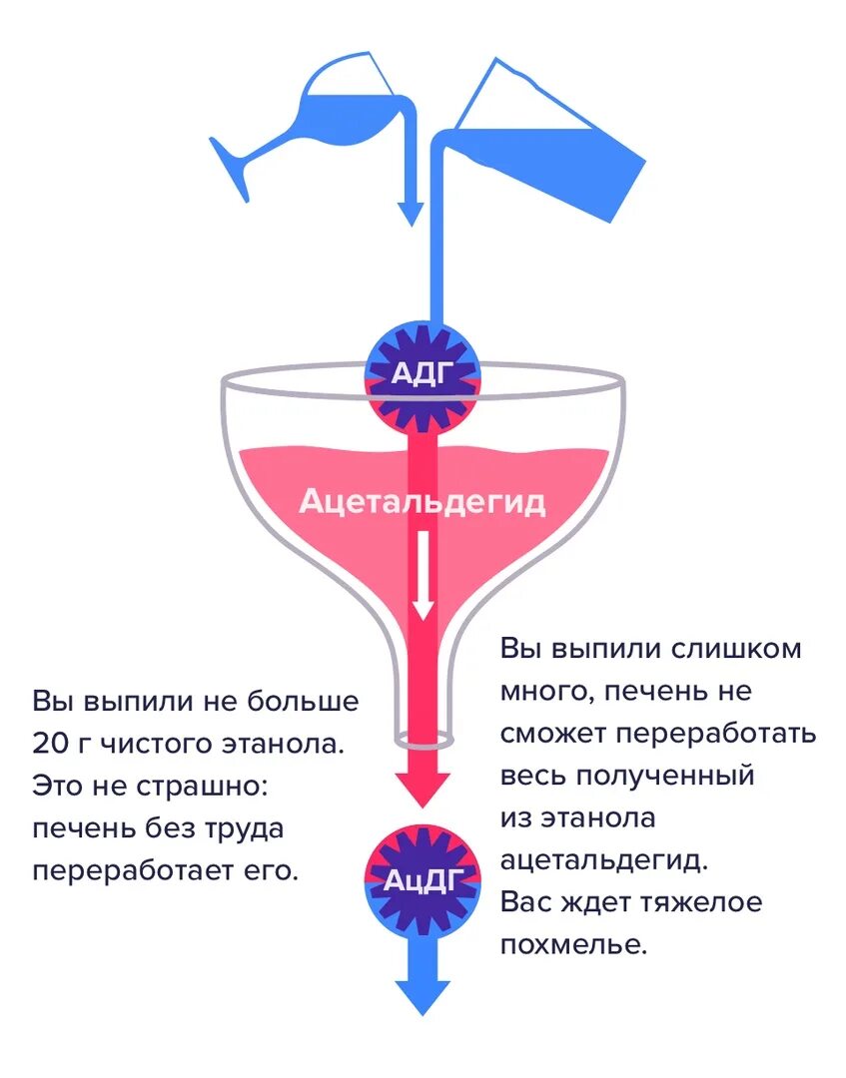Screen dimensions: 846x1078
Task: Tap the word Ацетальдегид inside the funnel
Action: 422,501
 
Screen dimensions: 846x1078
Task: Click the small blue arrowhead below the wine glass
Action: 409,212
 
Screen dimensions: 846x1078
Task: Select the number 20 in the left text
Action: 50,743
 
